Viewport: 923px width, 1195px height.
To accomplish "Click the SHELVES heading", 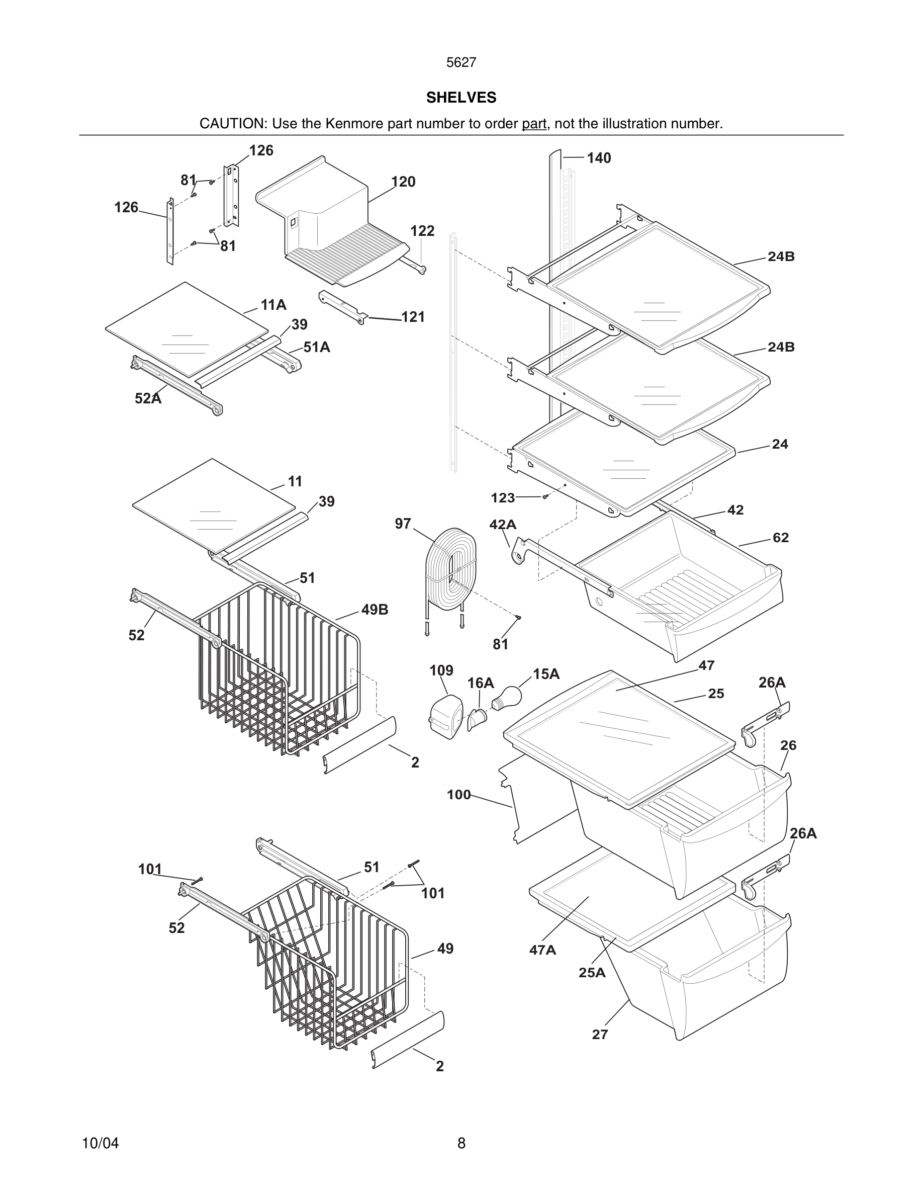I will (461, 98).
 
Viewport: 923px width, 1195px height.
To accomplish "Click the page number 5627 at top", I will (461, 63).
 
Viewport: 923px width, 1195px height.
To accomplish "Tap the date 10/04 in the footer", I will (100, 1143).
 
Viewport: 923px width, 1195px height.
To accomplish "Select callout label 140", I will (599, 158).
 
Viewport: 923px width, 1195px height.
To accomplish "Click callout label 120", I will (403, 182).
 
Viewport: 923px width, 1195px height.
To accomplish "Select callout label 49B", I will (375, 610).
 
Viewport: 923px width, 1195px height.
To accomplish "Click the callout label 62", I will (780, 538).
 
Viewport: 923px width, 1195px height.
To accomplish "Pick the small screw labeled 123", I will (545, 497).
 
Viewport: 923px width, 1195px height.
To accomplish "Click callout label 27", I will (600, 1034).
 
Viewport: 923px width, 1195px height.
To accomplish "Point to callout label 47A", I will (542, 951).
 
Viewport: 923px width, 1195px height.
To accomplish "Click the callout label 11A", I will (273, 305).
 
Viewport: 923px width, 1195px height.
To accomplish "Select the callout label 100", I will (458, 795).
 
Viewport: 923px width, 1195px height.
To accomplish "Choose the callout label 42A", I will (503, 525).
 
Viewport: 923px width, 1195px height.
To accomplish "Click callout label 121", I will (413, 317).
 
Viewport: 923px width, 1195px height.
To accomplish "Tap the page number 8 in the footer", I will (461, 1143).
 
